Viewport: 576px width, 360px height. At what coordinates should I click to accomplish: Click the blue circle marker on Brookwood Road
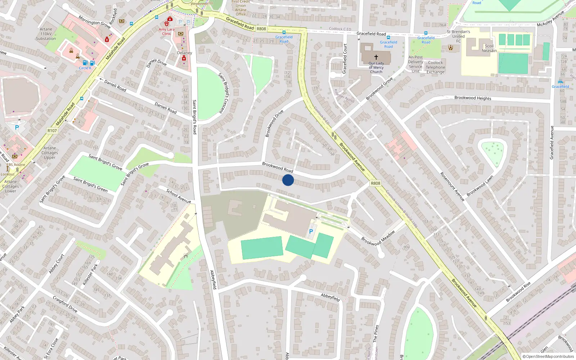288,180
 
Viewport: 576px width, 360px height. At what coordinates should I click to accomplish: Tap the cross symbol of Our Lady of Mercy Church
376,57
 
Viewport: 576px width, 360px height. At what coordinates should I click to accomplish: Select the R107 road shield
52,131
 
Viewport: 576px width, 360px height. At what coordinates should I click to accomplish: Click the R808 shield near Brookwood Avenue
375,183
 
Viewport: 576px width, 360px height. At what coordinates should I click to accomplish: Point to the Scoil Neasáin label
489,48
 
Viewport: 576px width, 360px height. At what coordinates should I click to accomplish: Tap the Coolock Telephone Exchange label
435,67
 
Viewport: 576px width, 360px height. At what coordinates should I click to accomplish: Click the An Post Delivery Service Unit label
415,64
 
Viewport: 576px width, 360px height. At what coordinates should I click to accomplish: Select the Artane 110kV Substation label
46,34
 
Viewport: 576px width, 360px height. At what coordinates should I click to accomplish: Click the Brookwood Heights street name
473,98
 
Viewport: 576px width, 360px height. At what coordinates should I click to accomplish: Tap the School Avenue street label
179,196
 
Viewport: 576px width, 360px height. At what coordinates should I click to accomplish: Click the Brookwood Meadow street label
378,238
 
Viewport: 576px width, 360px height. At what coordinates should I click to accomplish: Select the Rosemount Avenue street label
452,186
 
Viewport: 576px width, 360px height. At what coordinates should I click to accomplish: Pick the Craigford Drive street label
65,304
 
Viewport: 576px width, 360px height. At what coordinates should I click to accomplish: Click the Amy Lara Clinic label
166,32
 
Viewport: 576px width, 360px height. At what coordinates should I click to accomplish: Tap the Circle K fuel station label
85,68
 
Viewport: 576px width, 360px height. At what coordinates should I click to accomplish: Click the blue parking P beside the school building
311,231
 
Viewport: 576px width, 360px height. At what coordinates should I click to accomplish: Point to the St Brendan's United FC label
458,36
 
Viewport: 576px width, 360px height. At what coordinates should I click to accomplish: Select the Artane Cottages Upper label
50,153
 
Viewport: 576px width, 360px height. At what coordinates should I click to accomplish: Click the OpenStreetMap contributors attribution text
548,357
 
